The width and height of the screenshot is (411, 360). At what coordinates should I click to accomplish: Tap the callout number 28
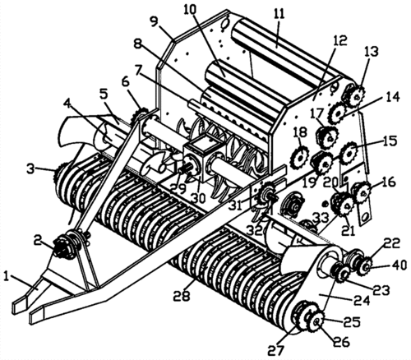183,295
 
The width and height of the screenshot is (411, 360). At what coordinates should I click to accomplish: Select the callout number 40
399,265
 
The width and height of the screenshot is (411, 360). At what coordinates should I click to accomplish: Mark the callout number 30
198,197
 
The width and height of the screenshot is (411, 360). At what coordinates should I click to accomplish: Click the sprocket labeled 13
356,97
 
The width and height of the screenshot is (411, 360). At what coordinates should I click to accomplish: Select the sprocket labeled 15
350,153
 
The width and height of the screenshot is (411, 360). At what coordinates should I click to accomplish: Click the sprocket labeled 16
363,192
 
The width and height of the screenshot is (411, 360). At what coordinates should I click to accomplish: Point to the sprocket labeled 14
338,113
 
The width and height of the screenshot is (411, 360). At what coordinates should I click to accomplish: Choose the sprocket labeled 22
366,265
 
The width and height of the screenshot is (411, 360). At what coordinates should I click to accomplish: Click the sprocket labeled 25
316,322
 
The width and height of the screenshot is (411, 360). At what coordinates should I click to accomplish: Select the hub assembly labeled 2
64,245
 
